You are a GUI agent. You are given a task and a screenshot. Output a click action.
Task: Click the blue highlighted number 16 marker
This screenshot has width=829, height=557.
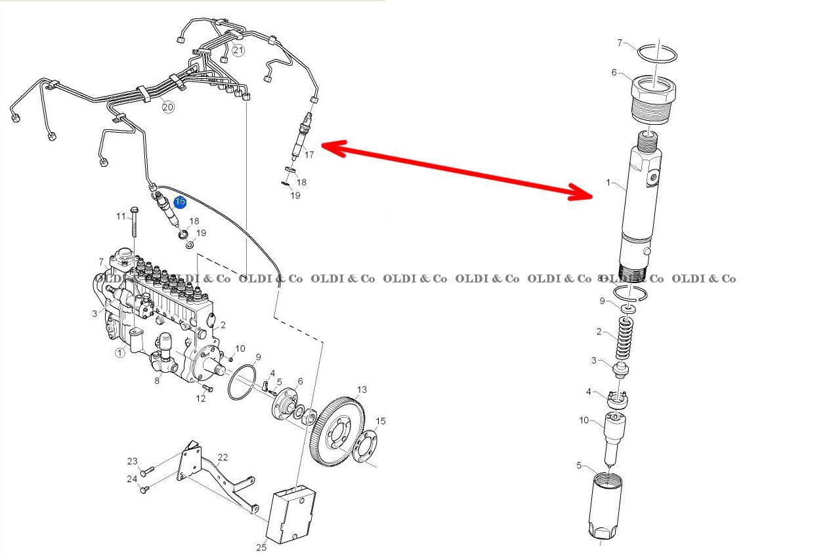pos(180,202)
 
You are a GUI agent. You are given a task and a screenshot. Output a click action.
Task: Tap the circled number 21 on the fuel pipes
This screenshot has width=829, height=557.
pos(238,50)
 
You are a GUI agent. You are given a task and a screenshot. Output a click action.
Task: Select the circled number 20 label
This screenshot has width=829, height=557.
pos(168,107)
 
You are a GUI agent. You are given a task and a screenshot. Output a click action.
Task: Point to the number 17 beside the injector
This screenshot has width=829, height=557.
pos(308,155)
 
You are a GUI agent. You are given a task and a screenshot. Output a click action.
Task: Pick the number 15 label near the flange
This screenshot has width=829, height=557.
pos(380,421)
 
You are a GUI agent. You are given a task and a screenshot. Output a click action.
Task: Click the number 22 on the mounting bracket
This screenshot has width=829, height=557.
pos(223,457)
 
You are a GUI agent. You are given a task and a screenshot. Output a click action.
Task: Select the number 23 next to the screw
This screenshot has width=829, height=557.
pos(132,462)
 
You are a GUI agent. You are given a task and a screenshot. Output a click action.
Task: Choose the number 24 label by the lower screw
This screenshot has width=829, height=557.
pos(132,479)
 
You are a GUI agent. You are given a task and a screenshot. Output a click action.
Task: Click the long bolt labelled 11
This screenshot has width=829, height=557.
pos(135,223)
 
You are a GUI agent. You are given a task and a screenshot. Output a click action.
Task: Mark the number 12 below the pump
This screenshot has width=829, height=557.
pos(201,398)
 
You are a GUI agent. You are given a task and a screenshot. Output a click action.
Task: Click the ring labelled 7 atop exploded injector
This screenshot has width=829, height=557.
pos(656,54)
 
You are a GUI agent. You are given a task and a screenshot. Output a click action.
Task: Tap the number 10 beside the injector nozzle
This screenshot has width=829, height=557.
pos(584,420)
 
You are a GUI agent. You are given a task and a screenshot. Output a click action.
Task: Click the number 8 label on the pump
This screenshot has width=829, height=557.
pos(156,380)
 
